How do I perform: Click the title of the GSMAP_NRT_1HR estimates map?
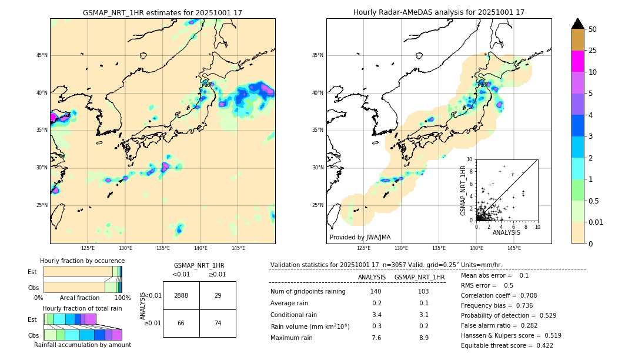162,12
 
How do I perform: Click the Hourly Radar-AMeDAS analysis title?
439,12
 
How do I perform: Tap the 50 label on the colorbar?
593,29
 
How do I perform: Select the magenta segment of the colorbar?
578,61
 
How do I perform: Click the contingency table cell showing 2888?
181,295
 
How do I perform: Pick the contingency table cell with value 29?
218,295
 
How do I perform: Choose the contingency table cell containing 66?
181,323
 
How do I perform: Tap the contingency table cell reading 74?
218,323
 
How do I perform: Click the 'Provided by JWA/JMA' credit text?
360,237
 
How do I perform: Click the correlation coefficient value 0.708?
524,295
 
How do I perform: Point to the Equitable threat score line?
507,345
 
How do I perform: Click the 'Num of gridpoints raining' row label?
308,292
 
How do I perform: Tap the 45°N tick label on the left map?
42,55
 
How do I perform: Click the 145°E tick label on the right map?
514,248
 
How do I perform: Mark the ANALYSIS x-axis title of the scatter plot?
506,232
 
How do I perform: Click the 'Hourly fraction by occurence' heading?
82,261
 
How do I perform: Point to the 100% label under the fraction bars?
122,298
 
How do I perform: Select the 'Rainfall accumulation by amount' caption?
82,345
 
